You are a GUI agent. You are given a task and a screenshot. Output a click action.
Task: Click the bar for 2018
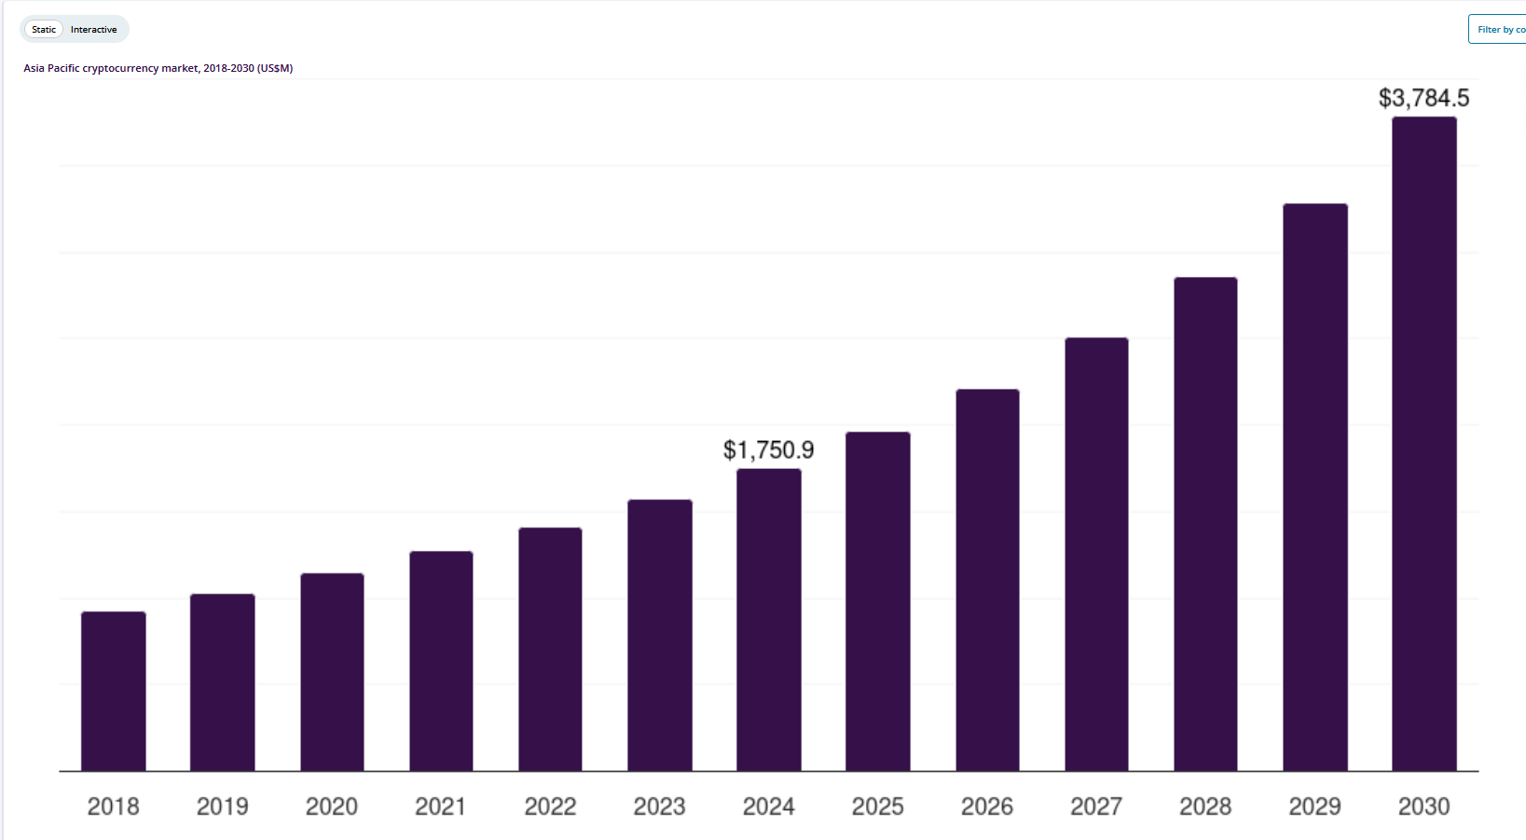coord(114,692)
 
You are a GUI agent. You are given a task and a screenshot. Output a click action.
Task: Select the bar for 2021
coord(441,661)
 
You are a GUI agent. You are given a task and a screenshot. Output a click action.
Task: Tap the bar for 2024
coord(769,620)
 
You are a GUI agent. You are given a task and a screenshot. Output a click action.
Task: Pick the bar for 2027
coord(1096,555)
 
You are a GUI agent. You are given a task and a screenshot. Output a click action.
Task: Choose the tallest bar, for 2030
coord(1424,444)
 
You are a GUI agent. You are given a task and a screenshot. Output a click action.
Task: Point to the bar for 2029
coord(1315,488)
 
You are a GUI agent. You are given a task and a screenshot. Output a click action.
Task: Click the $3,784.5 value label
coord(1423,98)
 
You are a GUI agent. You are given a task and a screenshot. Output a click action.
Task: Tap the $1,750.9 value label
coord(768,450)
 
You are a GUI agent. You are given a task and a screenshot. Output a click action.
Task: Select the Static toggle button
coord(44,30)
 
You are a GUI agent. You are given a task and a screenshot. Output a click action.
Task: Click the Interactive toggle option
coord(94,30)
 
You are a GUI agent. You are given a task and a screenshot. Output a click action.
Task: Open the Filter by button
coord(1499,30)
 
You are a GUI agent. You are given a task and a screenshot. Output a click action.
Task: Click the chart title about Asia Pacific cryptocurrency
coord(158,68)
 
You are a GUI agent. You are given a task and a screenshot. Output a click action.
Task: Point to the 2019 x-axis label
coord(222,806)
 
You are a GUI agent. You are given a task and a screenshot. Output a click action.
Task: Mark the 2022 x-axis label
coord(550,806)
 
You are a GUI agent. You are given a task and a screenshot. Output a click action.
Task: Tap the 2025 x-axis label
coord(878,806)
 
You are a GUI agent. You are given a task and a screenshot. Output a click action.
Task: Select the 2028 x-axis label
coord(1205,806)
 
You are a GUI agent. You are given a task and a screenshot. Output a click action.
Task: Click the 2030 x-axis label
coord(1423,806)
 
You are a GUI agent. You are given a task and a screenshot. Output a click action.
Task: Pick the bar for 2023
coord(660,636)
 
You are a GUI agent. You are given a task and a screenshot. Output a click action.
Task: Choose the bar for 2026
coord(987,580)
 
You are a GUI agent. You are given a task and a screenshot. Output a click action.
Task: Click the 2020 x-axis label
coord(332,806)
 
